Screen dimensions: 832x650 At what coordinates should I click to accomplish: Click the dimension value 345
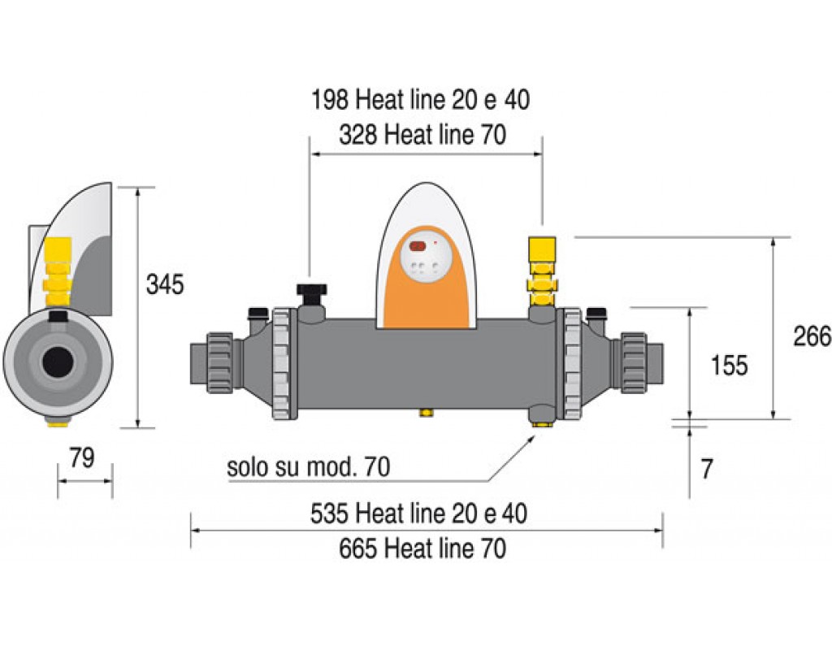165,285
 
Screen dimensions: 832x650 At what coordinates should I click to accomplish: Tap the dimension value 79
82,457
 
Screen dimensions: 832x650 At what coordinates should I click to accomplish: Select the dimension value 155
729,365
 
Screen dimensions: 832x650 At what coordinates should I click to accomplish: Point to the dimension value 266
812,336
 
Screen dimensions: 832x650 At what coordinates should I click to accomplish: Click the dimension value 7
707,469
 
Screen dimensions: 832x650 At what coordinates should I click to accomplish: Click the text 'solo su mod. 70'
308,467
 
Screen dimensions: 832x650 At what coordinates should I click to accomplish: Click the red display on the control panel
418,246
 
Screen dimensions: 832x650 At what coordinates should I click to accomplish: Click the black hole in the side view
58,362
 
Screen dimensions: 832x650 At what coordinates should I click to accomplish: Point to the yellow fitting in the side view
57,271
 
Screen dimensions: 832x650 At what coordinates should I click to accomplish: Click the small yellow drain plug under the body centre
425,412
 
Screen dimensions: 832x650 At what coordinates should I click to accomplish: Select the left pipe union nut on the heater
220,363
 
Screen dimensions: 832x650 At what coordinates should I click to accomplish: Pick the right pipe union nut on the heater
633,363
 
